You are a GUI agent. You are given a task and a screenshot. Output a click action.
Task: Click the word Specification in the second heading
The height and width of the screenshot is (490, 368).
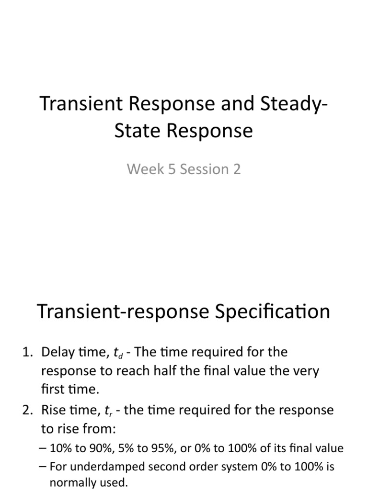270,312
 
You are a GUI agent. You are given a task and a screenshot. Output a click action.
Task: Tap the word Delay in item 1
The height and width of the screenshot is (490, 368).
57,352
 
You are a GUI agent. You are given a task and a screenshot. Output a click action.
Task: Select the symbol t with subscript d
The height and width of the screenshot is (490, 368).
117,353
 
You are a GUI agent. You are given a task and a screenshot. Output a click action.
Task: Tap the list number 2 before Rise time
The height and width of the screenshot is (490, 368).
26,411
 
